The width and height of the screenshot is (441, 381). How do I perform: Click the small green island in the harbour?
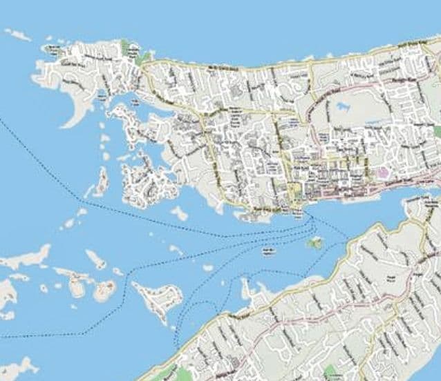coord(316,243)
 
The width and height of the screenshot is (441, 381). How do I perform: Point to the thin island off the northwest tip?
coord(17,34)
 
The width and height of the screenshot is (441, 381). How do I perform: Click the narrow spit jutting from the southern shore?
coord(246,290)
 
